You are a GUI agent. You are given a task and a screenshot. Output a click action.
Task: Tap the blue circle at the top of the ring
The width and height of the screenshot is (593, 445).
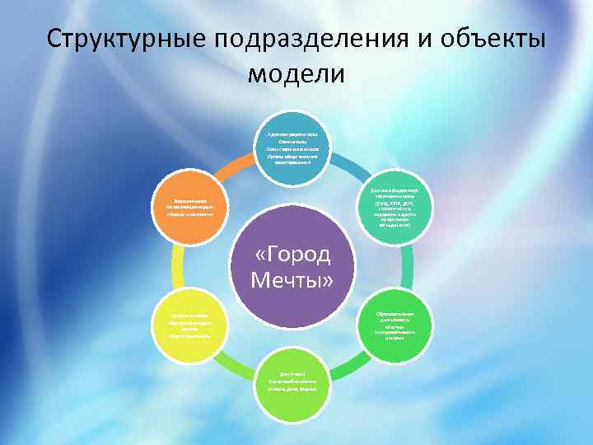[296, 147]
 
